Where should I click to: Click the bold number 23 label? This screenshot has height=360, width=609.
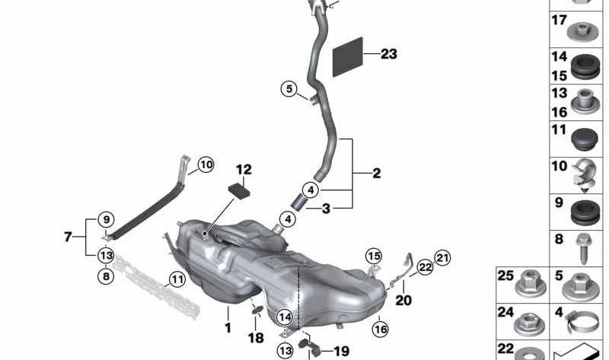[x=389, y=54]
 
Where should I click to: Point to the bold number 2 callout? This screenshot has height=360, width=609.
[x=376, y=174]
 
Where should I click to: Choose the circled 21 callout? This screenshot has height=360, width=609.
[x=442, y=256]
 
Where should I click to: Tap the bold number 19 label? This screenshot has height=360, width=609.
[x=340, y=351]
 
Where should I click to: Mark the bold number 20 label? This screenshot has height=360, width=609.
[x=403, y=300]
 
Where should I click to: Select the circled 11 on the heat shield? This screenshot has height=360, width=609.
[x=177, y=279]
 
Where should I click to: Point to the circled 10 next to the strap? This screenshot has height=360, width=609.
[x=206, y=163]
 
